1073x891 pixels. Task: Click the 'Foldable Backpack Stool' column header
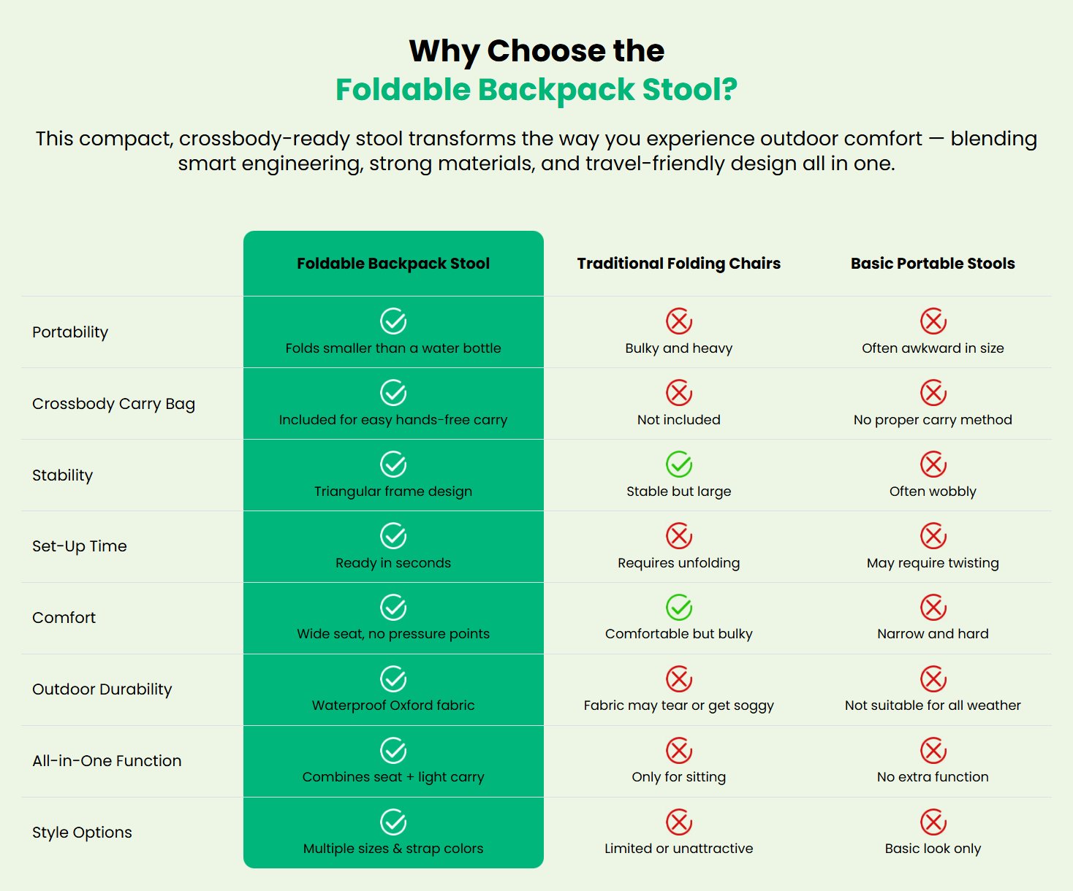393,264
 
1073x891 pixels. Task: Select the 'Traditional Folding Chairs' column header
678,264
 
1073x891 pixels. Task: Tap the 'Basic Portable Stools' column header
933,264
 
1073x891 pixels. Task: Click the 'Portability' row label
70,332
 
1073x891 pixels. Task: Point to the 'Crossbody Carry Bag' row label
113,404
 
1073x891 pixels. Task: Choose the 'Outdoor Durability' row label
102,689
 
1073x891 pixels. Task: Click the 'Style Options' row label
82,833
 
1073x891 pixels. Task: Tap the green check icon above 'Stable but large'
679,464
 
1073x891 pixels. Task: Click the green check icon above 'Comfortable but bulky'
679,608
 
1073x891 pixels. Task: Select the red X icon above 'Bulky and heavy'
679,321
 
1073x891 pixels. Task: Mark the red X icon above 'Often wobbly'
933,464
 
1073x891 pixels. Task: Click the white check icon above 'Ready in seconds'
393,536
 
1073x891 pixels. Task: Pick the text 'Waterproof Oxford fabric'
393,705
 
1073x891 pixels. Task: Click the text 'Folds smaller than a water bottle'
393,348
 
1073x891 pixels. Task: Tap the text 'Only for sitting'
679,777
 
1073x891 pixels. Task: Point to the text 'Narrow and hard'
933,634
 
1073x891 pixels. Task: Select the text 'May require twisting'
933,563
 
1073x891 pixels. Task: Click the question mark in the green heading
729,90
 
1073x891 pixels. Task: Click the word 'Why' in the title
444,51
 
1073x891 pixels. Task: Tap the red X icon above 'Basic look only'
933,822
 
